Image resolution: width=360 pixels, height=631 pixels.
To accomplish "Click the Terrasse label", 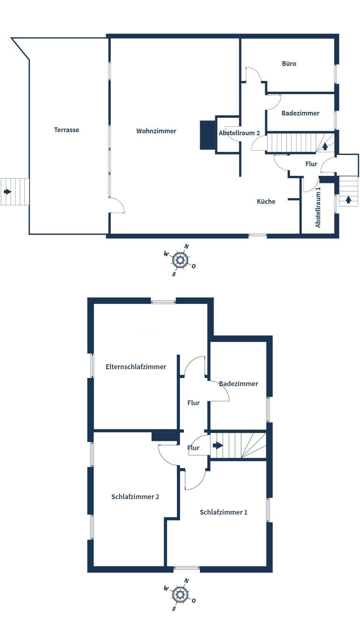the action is click(67, 130).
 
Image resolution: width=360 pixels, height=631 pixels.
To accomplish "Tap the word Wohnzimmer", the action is click(156, 131).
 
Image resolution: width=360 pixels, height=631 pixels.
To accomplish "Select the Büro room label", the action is click(289, 64).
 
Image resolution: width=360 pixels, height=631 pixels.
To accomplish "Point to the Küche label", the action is click(266, 201).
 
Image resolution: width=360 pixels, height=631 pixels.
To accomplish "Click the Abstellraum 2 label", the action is click(239, 133).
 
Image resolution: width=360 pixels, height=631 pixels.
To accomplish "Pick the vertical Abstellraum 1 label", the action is click(318, 207).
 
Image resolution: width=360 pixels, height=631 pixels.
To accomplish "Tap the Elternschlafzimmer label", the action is click(136, 367).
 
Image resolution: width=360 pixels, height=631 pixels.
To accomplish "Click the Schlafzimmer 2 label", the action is click(135, 497).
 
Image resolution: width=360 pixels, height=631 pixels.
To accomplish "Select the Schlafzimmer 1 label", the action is click(223, 512).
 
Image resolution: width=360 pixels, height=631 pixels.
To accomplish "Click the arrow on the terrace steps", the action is click(8, 192).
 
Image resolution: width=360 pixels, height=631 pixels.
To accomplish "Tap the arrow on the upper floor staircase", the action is click(218, 445).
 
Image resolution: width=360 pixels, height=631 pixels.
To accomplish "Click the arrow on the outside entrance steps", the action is click(348, 199).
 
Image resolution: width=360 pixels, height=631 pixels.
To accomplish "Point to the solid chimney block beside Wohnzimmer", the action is click(207, 135).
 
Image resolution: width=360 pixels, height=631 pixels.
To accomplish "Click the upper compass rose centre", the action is click(180, 260).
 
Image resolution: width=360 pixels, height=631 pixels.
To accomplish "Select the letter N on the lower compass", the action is click(186, 581).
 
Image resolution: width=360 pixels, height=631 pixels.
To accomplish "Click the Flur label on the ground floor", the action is click(311, 164).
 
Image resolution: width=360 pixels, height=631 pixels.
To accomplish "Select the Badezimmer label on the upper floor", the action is click(238, 383).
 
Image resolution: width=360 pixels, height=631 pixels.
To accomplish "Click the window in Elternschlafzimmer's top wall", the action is click(163, 302).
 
